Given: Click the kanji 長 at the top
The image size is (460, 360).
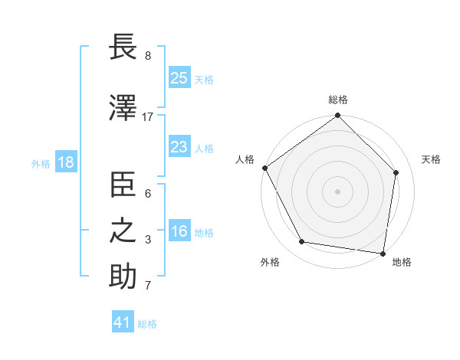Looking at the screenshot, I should click(x=123, y=49).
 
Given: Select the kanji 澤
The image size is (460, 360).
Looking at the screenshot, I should click(x=123, y=109).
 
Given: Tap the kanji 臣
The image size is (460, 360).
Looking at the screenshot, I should click(x=123, y=186).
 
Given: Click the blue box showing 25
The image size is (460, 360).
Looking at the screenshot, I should click(x=179, y=78).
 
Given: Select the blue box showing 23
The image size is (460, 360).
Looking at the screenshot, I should click(x=179, y=148).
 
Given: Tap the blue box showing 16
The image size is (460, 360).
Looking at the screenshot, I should click(x=179, y=232).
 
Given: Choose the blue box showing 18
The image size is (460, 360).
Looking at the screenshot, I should click(x=65, y=163).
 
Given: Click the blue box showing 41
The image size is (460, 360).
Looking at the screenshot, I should click(x=123, y=323).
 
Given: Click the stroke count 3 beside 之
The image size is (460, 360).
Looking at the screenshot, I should click(x=147, y=240).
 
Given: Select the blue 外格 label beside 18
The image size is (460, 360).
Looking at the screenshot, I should click(x=41, y=164).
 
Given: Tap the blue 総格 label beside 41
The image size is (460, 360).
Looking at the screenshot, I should click(x=147, y=324).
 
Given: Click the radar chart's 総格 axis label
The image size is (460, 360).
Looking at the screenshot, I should click(x=338, y=100).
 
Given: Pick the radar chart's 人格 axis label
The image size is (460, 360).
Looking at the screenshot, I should click(x=245, y=159).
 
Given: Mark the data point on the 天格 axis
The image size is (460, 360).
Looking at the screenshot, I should click(x=396, y=172).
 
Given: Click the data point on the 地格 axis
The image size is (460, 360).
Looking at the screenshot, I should click(x=383, y=252).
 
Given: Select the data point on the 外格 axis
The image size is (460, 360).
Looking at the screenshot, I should click(x=301, y=242).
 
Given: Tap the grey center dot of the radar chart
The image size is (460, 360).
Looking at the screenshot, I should click(x=338, y=191).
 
